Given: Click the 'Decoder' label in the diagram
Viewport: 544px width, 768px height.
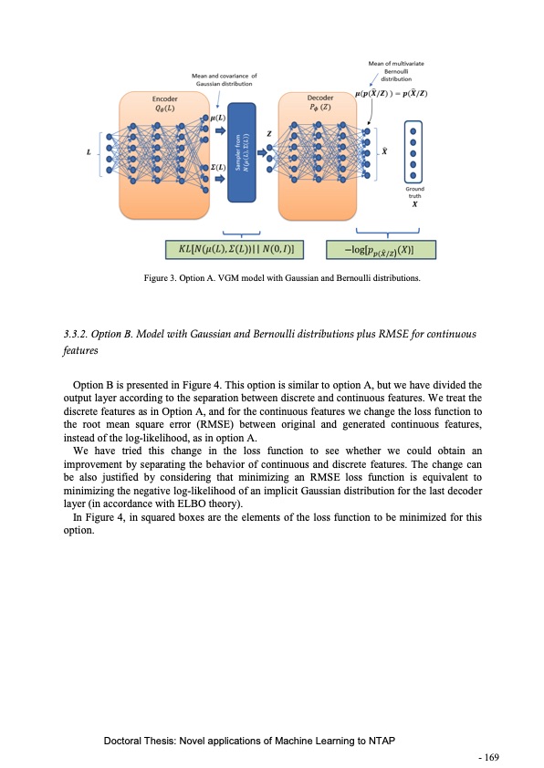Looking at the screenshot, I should pos(319,96).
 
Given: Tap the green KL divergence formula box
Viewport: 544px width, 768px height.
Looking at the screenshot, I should pos(235,249).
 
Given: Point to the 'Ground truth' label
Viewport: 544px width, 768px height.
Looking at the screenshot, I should pos(413,192).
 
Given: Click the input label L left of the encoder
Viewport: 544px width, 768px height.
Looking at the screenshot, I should pos(89,152).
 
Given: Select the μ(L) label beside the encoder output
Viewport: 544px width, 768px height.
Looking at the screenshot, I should pos(217,119).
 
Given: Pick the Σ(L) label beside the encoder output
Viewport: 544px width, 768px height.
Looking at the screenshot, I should pos(217,167).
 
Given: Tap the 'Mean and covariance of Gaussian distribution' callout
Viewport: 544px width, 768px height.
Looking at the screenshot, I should pos(224,79).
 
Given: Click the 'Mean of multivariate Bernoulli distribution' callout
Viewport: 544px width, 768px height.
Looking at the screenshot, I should pos(393,71).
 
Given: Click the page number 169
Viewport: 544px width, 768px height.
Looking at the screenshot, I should pos(492,756).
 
